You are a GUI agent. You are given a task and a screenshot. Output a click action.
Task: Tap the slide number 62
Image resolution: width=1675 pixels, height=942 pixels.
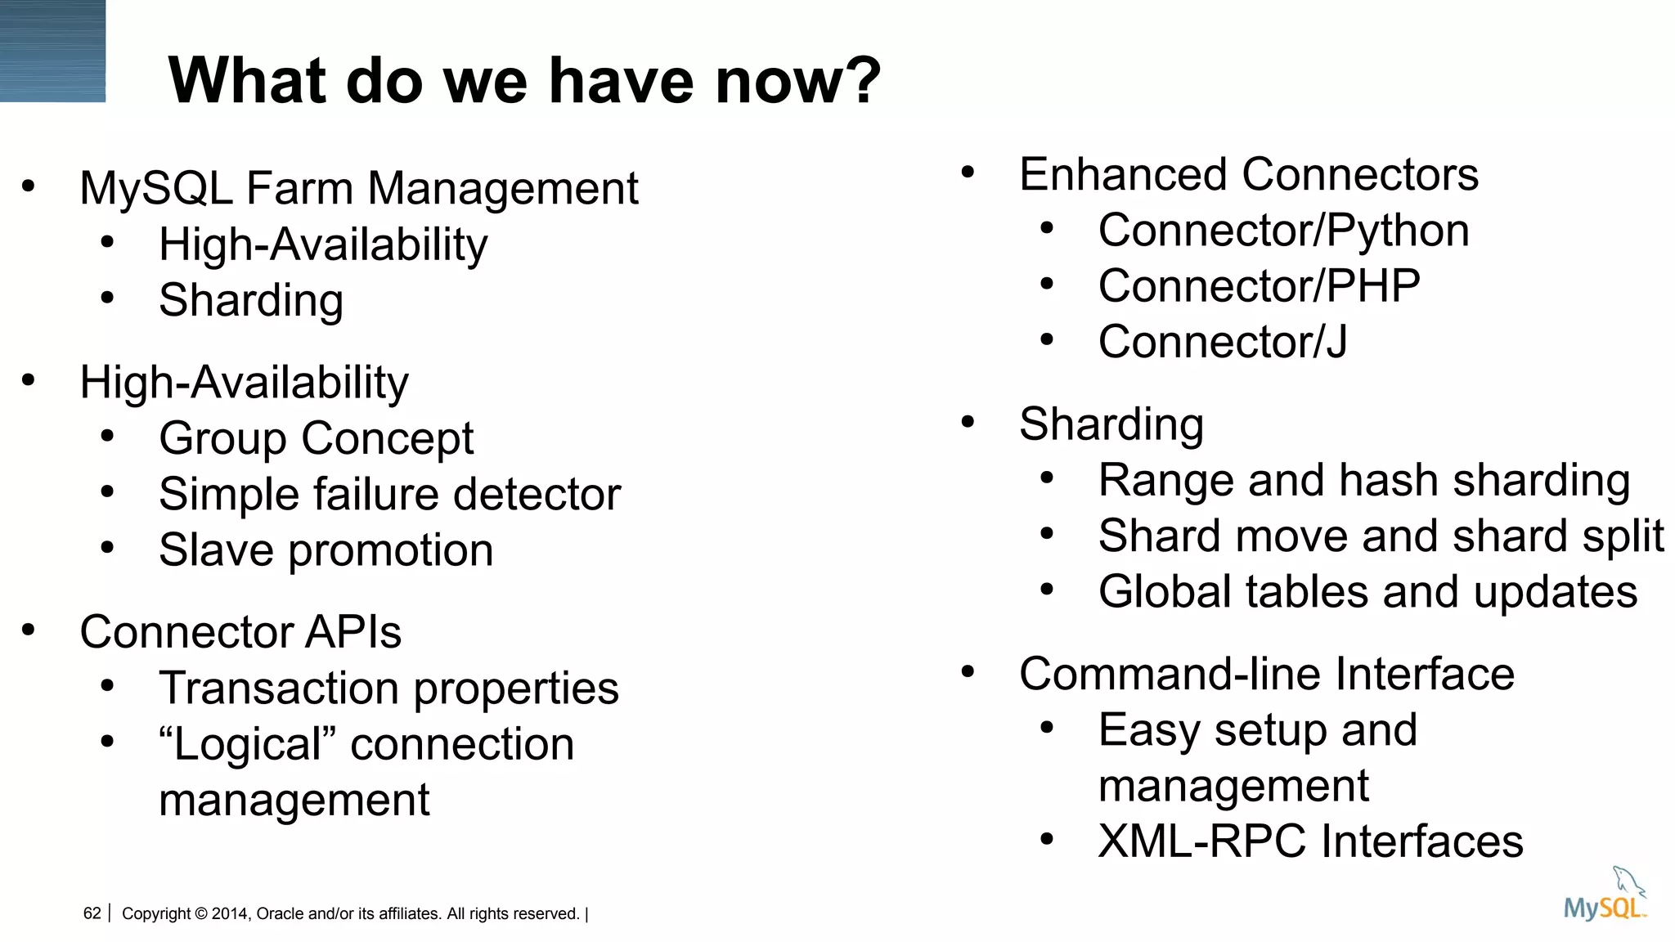(92, 913)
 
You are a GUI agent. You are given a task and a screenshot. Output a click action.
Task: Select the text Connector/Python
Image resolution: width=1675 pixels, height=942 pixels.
(1283, 231)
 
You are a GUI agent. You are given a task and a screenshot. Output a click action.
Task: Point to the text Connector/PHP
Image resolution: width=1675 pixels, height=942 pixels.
(1259, 286)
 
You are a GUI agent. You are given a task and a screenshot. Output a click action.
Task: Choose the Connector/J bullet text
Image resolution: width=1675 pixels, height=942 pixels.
(1223, 342)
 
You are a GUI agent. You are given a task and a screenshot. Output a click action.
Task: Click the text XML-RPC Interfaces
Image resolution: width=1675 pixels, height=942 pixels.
(1310, 841)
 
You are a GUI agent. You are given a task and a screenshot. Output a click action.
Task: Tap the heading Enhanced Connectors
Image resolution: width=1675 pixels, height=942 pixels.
(1248, 175)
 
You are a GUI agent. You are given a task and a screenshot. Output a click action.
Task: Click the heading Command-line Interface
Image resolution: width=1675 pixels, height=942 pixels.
(1266, 674)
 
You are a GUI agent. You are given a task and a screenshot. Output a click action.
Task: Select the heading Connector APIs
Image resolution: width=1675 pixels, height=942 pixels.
(240, 632)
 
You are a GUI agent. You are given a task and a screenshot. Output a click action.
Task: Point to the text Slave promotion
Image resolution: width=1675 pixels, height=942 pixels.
(326, 549)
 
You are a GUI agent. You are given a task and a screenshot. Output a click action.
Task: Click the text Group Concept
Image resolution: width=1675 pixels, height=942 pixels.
(316, 438)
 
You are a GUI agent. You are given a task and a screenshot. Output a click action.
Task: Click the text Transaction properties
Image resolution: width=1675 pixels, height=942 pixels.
(388, 688)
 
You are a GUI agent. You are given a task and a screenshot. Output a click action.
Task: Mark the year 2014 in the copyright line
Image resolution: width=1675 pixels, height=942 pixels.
(230, 913)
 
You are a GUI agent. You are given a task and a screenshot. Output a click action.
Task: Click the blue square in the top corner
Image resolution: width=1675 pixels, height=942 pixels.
(52, 51)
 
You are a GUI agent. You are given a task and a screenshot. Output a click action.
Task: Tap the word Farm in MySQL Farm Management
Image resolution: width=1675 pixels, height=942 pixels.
(301, 189)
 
